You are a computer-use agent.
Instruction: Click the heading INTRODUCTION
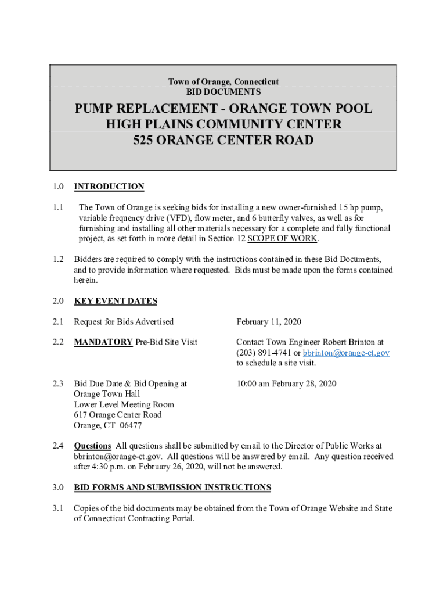(x=109, y=187)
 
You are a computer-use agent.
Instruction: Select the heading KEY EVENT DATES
(x=116, y=301)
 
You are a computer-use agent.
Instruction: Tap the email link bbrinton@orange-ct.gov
(x=346, y=353)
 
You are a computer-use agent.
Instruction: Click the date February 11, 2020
(x=269, y=322)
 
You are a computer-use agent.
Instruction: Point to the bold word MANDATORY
(x=103, y=342)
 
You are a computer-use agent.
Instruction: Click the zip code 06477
(x=131, y=425)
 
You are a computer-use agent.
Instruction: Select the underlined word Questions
(x=92, y=446)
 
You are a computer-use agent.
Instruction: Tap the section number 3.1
(x=57, y=508)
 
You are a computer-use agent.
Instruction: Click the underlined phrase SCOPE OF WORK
(x=283, y=239)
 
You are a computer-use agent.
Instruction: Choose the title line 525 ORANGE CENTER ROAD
(x=223, y=140)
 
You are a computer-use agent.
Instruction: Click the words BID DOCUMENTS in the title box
(x=223, y=92)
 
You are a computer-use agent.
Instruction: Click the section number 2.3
(x=57, y=383)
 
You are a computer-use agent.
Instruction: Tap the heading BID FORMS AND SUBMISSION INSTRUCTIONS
(x=172, y=487)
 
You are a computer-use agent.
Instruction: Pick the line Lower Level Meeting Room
(x=124, y=404)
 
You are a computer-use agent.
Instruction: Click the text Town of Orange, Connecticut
(x=223, y=82)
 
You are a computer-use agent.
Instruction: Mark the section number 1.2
(x=57, y=259)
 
